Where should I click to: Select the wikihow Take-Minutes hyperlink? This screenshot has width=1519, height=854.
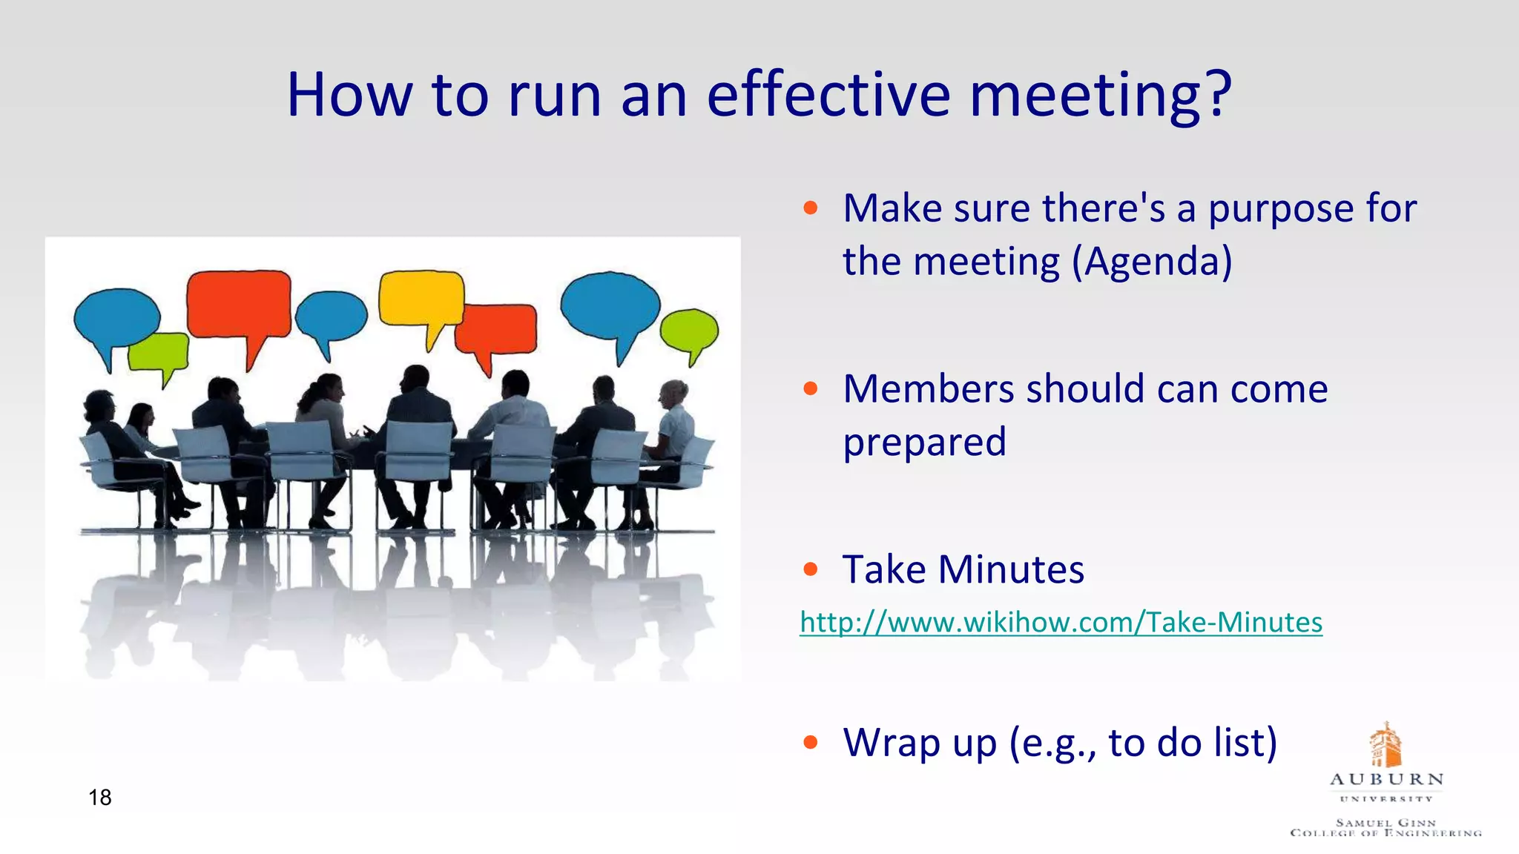click(1061, 622)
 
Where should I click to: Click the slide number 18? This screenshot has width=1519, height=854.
click(99, 798)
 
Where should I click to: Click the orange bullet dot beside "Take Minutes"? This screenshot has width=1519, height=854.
click(811, 569)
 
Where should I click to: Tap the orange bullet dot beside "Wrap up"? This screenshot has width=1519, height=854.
click(811, 742)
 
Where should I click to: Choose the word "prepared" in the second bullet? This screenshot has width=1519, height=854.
click(924, 443)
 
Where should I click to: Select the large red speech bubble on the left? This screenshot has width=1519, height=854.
click(238, 305)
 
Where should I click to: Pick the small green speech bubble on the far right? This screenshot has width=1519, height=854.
click(689, 331)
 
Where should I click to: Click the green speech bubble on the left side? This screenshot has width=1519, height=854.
click(159, 351)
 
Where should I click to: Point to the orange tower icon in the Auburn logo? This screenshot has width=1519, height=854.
click(1385, 745)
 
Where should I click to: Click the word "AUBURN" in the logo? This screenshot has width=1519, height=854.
click(1386, 780)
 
